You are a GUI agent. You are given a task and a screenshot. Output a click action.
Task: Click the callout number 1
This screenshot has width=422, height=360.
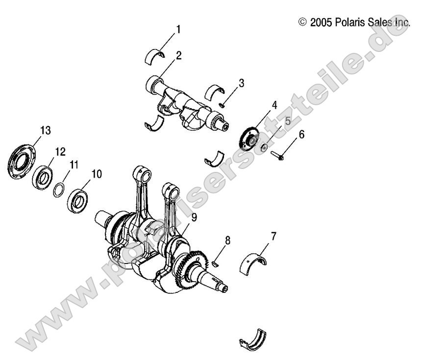pyautogui.click(x=178, y=29)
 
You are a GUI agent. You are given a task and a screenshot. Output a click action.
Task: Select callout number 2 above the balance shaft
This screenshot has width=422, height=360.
pyautogui.click(x=179, y=55)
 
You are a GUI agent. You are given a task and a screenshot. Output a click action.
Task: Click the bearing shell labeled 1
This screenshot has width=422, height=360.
pyautogui.click(x=156, y=56)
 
